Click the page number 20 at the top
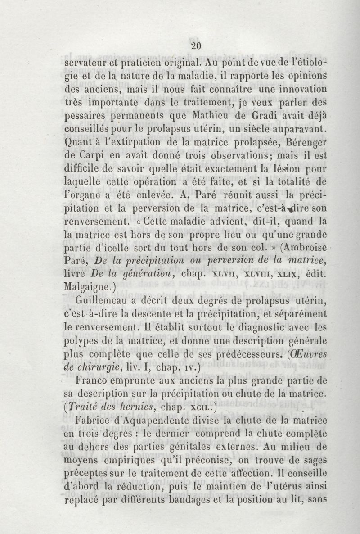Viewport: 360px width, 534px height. point(196,45)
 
